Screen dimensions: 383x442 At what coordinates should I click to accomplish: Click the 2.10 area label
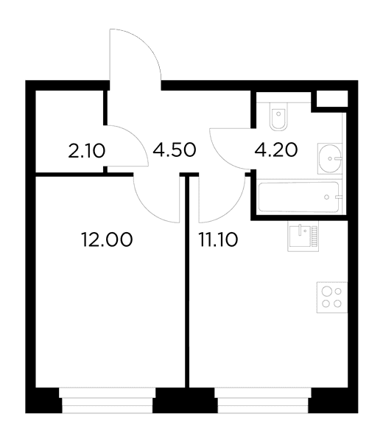coord(87,151)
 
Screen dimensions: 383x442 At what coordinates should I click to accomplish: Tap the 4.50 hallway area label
coord(175,150)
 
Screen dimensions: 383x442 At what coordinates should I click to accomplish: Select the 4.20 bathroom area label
coord(276,150)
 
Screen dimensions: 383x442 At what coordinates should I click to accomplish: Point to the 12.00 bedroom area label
coord(107,240)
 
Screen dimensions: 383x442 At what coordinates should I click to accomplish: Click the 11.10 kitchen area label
coord(219,240)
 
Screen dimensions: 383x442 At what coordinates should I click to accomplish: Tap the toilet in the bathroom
coord(278,116)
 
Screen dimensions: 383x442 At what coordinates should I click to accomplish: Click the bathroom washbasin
coord(330,158)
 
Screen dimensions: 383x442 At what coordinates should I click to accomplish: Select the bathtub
coord(299,197)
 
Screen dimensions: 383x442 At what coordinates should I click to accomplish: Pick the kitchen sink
coord(303,236)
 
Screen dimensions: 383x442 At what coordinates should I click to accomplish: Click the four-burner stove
coord(332,298)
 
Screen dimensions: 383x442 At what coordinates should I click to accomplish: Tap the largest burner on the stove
coord(327,291)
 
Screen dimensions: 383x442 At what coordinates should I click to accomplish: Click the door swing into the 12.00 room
coord(147,210)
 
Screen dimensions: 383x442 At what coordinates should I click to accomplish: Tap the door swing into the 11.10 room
coord(233,210)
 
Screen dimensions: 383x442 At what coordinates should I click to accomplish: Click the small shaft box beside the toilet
coord(332,99)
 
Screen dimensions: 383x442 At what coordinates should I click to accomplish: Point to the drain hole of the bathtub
coord(326,197)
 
